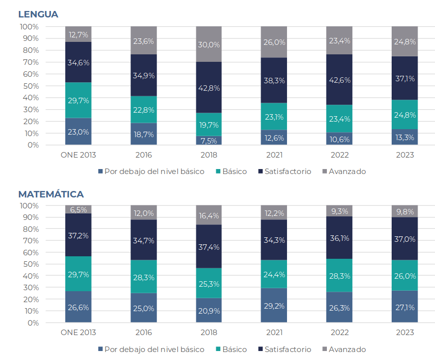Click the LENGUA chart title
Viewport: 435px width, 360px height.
pyautogui.click(x=38, y=14)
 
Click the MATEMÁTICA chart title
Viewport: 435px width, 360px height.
pyautogui.click(x=51, y=194)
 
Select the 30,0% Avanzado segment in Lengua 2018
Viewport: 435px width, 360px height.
pyautogui.click(x=209, y=44)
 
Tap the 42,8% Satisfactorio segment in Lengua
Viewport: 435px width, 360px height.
pyautogui.click(x=209, y=88)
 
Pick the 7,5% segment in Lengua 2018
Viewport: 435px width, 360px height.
pyautogui.click(x=209, y=140)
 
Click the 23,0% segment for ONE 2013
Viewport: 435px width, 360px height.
pyautogui.click(x=78, y=132)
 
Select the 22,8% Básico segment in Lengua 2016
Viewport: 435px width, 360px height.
pyautogui.click(x=144, y=110)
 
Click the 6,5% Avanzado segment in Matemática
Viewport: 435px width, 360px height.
pyautogui.click(x=78, y=210)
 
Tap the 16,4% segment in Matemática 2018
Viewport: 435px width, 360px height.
pyautogui.click(x=209, y=215)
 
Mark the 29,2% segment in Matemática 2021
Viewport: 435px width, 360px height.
pyautogui.click(x=274, y=305)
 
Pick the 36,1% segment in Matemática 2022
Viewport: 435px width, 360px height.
pyautogui.click(x=339, y=238)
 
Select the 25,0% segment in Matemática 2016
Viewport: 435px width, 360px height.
pyautogui.click(x=144, y=308)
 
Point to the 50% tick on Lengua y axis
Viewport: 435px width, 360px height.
pyautogui.click(x=29, y=86)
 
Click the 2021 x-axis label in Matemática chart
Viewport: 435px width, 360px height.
pyautogui.click(x=274, y=333)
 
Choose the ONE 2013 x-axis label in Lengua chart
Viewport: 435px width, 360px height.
pyautogui.click(x=78, y=155)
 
